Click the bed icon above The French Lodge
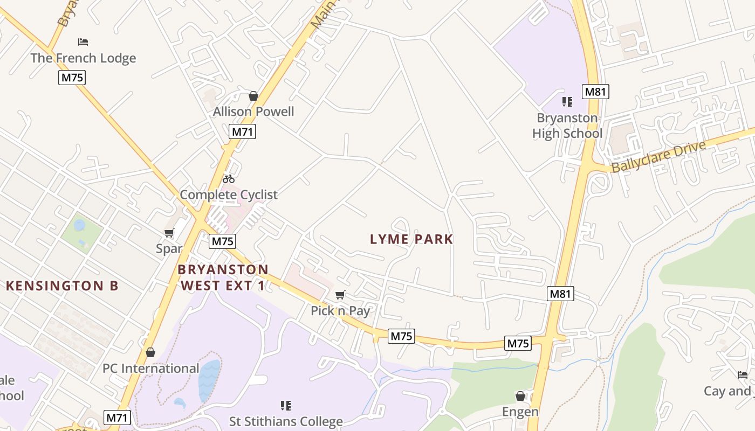(83, 41)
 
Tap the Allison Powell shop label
(253, 112)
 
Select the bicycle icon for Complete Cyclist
(229, 179)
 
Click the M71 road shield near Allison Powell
(242, 131)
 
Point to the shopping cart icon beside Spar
(169, 233)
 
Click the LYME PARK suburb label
(411, 239)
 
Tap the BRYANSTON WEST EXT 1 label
(223, 277)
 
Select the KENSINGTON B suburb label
(62, 286)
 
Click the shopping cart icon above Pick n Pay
(340, 295)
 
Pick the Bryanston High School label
(567, 126)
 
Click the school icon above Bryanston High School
(567, 101)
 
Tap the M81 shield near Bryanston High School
(595, 92)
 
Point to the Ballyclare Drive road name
(658, 157)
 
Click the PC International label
(151, 369)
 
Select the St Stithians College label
(286, 421)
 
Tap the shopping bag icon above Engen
(520, 396)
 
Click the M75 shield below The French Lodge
(72, 78)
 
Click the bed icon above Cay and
(743, 374)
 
